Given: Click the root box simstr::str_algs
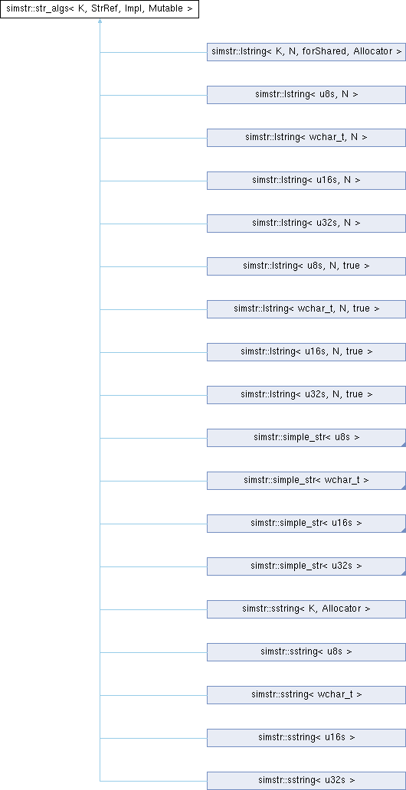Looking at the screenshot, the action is pos(100,9).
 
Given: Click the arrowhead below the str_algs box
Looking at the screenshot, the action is pos(100,21).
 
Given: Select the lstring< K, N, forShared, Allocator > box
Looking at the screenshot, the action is pos(306,52).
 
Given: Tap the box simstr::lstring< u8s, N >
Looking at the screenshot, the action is pos(306,95).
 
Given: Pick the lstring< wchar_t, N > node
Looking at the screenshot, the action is pos(306,138).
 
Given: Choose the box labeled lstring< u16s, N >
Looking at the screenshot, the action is pos(306,181).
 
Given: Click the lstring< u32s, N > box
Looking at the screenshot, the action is pos(306,224).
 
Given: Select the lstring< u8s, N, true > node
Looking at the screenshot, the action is pos(306,266).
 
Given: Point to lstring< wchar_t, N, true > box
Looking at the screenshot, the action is pos(306,308).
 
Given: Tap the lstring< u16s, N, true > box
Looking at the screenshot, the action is pos(306,351).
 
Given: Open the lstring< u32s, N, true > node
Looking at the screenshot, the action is pos(306,394).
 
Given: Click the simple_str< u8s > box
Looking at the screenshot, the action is pos(306,437).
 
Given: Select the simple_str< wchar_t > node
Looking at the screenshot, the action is pos(306,480).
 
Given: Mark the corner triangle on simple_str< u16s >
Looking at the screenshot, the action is pos(404,530).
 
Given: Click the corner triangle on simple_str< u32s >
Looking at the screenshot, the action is pos(404,573).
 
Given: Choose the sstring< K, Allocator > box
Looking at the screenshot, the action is pos(306,609).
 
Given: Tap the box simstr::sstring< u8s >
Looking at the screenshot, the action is pos(306,651).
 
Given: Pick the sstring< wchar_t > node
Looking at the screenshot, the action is pos(306,694).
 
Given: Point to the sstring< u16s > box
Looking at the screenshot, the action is pos(306,737).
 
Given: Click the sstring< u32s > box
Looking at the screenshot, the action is pos(306,780).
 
